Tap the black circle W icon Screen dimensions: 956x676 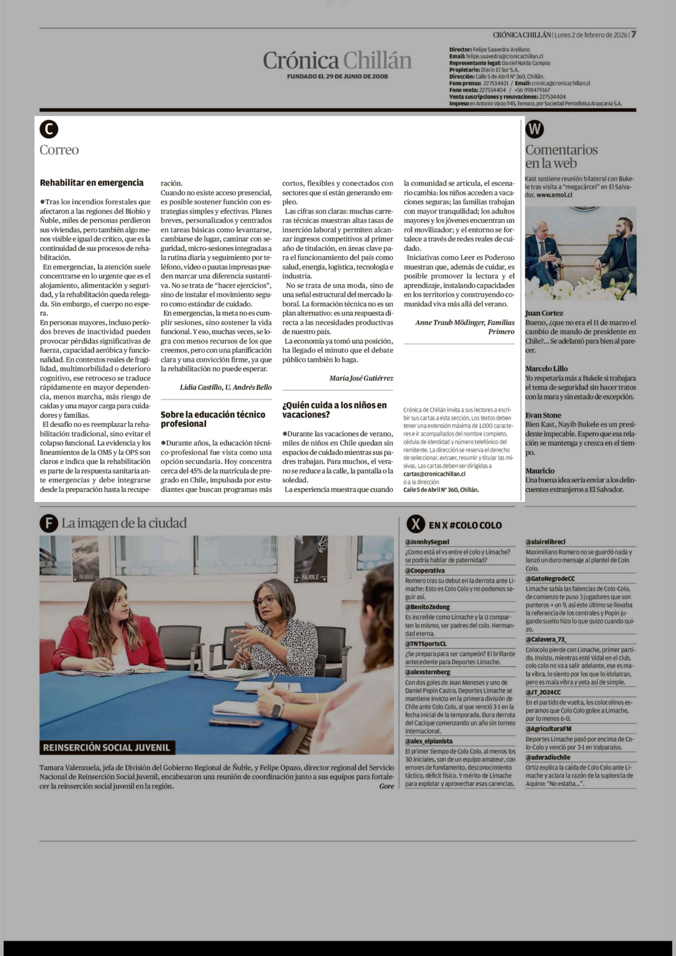[534, 130]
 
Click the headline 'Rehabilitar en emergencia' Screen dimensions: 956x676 [92, 182]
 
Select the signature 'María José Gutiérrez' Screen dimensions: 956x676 [361, 378]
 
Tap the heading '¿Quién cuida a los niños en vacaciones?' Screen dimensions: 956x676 [334, 410]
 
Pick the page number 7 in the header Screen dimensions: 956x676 [633, 35]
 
